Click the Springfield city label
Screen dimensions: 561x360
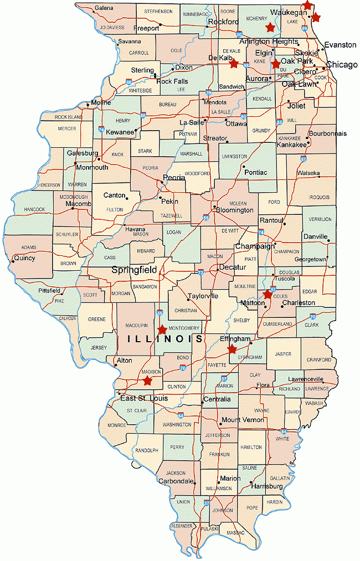point(134,270)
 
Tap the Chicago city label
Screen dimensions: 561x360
point(341,65)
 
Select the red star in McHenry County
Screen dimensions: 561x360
point(270,27)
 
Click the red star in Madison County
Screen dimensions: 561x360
point(147,380)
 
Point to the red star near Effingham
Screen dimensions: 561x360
point(232,349)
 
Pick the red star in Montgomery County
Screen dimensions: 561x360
point(162,330)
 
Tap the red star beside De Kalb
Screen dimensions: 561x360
point(234,63)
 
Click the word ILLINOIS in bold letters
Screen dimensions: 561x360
point(164,339)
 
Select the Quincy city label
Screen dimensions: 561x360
point(24,258)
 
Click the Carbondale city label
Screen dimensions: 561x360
point(175,481)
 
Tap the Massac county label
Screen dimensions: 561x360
point(235,533)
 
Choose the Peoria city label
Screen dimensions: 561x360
point(173,178)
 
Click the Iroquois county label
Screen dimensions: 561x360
point(319,197)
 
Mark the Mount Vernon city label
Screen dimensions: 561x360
point(242,420)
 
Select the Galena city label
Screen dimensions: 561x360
point(104,8)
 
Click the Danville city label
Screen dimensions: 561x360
point(316,236)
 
